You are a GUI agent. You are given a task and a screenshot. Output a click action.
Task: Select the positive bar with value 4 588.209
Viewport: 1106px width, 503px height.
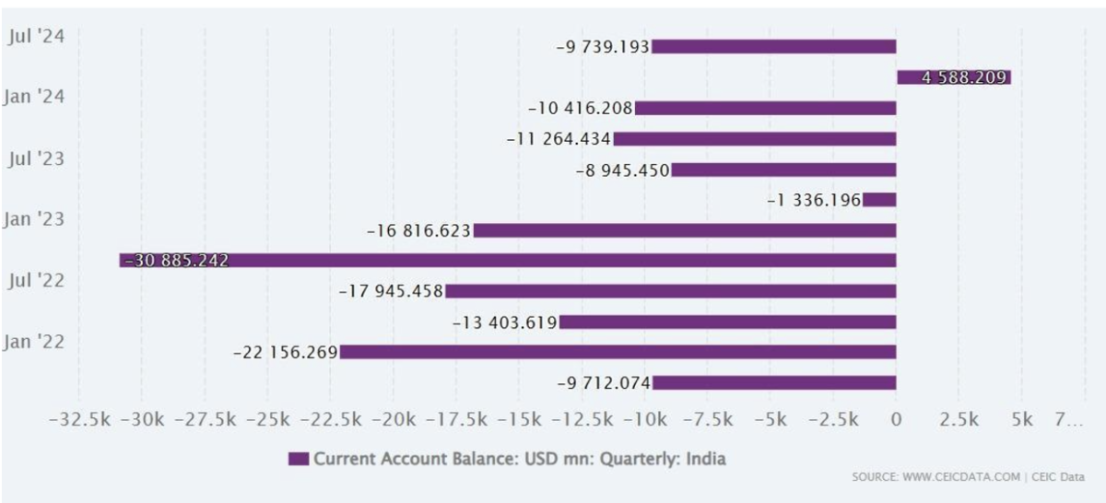click(953, 77)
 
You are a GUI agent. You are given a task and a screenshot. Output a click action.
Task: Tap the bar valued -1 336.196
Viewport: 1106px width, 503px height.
click(879, 200)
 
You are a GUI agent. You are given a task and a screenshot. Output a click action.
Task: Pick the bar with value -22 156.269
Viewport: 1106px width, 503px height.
click(618, 352)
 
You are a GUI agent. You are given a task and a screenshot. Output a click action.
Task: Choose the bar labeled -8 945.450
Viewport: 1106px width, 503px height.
click(783, 170)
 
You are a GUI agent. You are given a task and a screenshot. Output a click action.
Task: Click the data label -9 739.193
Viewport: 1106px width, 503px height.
click(603, 47)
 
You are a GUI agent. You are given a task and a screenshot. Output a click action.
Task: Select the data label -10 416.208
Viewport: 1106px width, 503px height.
click(581, 109)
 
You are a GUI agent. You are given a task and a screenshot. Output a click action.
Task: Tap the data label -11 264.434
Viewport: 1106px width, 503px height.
click(559, 139)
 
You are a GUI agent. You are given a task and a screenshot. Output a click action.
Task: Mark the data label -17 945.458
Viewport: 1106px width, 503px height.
click(391, 291)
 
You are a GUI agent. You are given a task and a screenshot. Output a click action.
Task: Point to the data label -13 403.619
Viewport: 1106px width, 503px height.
click(505, 322)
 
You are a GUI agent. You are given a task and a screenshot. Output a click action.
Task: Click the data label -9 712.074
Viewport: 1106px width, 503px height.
click(604, 382)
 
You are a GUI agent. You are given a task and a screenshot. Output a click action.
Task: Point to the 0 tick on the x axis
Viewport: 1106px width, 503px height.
click(896, 420)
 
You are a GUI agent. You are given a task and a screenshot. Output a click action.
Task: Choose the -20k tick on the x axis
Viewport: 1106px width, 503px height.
click(394, 420)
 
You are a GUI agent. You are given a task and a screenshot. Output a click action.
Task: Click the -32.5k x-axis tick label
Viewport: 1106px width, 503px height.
click(79, 420)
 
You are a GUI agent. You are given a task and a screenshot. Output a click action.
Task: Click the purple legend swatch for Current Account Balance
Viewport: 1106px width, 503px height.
click(299, 458)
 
